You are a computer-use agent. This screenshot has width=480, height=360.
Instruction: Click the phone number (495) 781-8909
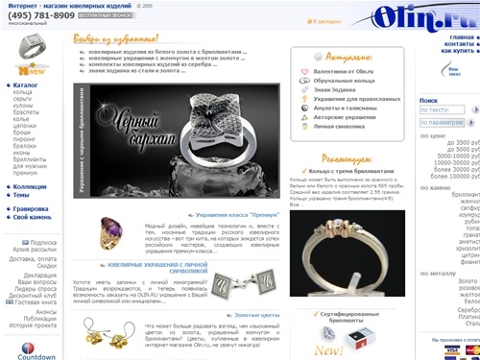point(40,15)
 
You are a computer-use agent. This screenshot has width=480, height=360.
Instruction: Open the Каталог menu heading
point(25,85)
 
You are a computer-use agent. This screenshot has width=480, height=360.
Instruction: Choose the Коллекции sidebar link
point(29,186)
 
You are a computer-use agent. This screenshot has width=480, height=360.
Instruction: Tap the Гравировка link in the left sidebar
point(31,208)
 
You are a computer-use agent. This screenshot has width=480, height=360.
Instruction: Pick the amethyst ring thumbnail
point(112,230)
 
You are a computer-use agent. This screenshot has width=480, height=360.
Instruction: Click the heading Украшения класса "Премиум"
point(236,217)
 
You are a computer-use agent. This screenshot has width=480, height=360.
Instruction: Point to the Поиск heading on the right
point(429,100)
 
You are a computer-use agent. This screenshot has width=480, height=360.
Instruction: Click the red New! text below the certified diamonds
point(330,350)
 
